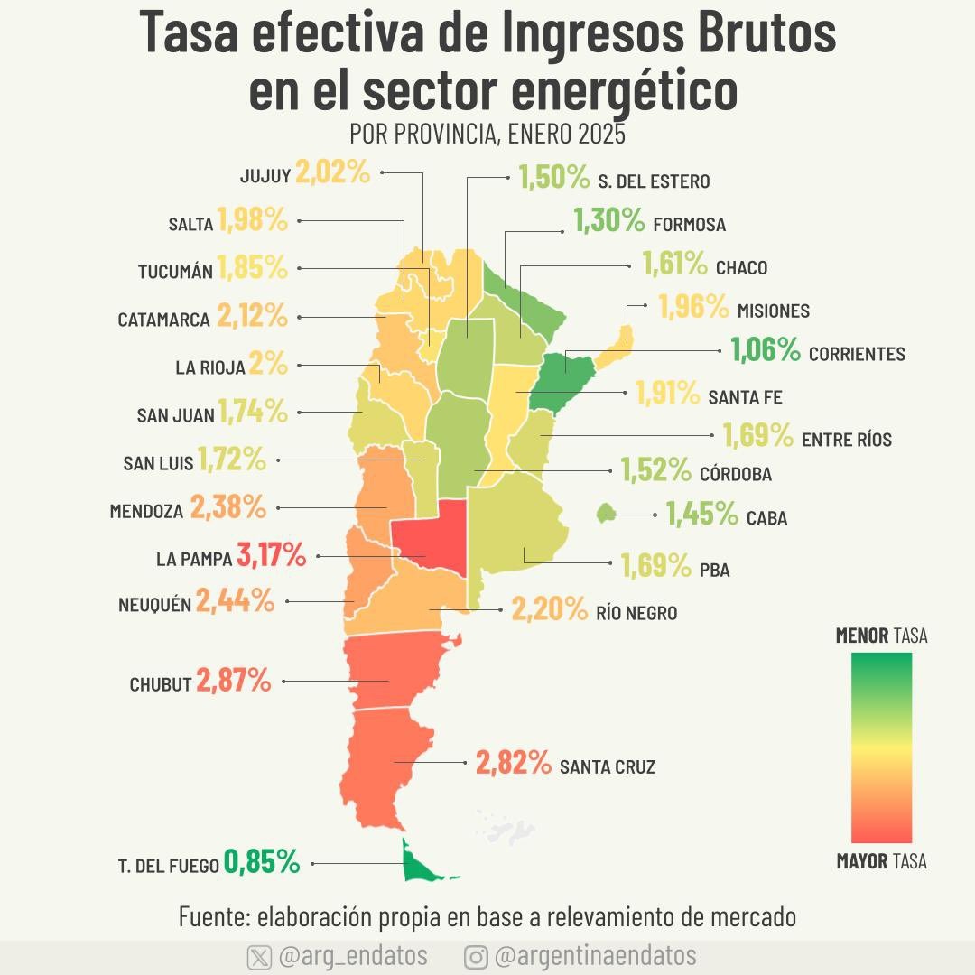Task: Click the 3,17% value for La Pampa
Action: click(x=271, y=554)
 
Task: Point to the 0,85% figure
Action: click(x=262, y=862)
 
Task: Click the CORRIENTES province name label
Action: click(x=857, y=354)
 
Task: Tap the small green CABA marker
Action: click(x=606, y=513)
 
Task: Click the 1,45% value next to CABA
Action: click(x=702, y=514)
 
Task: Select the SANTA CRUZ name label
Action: click(x=608, y=766)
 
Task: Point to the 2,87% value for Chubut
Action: click(x=234, y=681)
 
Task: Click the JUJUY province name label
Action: click(x=265, y=176)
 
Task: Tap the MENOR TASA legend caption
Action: click(x=882, y=636)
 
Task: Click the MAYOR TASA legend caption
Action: click(x=882, y=861)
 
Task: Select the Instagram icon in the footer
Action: click(x=476, y=957)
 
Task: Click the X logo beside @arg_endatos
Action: click(x=259, y=957)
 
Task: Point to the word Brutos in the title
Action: click(x=766, y=32)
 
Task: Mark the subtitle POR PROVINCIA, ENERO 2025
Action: click(x=487, y=134)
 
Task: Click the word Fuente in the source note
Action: click(x=214, y=916)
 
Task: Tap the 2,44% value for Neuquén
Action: click(x=235, y=600)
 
